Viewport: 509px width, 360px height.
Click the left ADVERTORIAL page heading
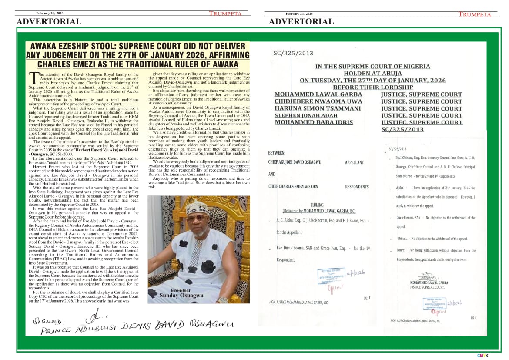[x=49, y=21]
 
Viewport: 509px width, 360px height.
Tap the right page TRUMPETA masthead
[x=475, y=14]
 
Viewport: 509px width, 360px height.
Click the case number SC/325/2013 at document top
[x=294, y=53]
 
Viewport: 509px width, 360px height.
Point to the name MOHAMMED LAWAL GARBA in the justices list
[x=318, y=94]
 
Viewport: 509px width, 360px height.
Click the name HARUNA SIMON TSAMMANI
[x=318, y=108]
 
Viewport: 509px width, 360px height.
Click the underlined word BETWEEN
[x=277, y=153]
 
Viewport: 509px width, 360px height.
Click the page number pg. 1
[x=366, y=298]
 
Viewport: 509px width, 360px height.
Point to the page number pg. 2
[x=473, y=317]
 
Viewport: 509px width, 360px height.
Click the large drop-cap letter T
[x=34, y=78]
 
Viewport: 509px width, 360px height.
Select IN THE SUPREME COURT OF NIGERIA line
[x=373, y=67]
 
